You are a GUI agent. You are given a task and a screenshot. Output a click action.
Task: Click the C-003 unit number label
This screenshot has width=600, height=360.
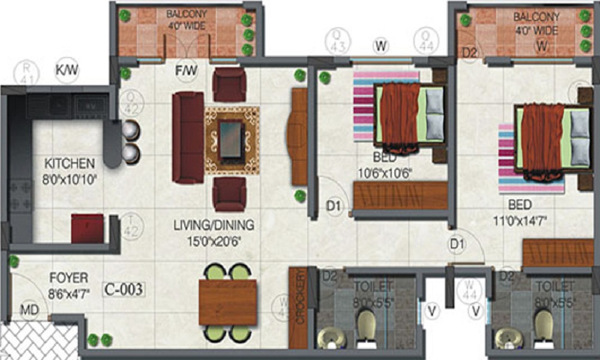tap(123, 290)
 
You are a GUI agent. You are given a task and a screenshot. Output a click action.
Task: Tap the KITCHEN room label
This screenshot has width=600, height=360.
tap(70, 163)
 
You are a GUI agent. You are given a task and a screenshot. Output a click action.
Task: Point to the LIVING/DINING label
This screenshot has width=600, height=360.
tap(214, 226)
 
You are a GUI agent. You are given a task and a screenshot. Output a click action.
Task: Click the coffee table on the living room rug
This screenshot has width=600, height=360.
tap(232, 140)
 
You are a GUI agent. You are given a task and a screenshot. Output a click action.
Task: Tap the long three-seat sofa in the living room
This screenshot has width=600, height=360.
tap(188, 137)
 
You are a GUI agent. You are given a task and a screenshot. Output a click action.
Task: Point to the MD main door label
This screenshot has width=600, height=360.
tap(29, 311)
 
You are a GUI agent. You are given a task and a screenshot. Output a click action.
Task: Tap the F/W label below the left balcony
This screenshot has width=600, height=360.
tap(187, 71)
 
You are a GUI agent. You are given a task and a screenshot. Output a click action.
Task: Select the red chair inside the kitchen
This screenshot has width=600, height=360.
tap(88, 229)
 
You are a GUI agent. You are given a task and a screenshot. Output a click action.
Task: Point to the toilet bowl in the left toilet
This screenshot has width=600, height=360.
tap(366, 325)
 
